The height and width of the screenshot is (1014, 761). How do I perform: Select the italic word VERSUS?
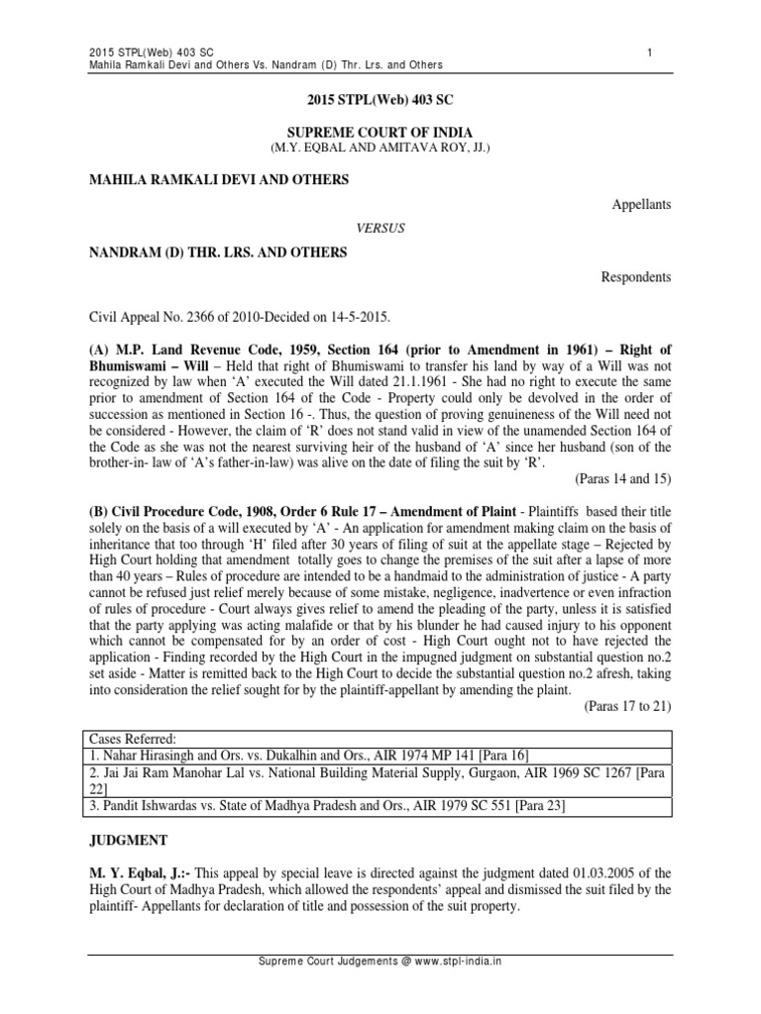pos(380,228)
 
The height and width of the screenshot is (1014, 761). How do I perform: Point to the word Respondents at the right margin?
pos(636,277)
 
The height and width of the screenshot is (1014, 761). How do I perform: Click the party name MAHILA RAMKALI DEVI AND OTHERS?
pos(219,179)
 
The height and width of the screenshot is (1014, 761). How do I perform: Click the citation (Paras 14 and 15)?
pos(622,478)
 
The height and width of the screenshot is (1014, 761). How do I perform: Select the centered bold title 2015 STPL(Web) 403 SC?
pos(380,101)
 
